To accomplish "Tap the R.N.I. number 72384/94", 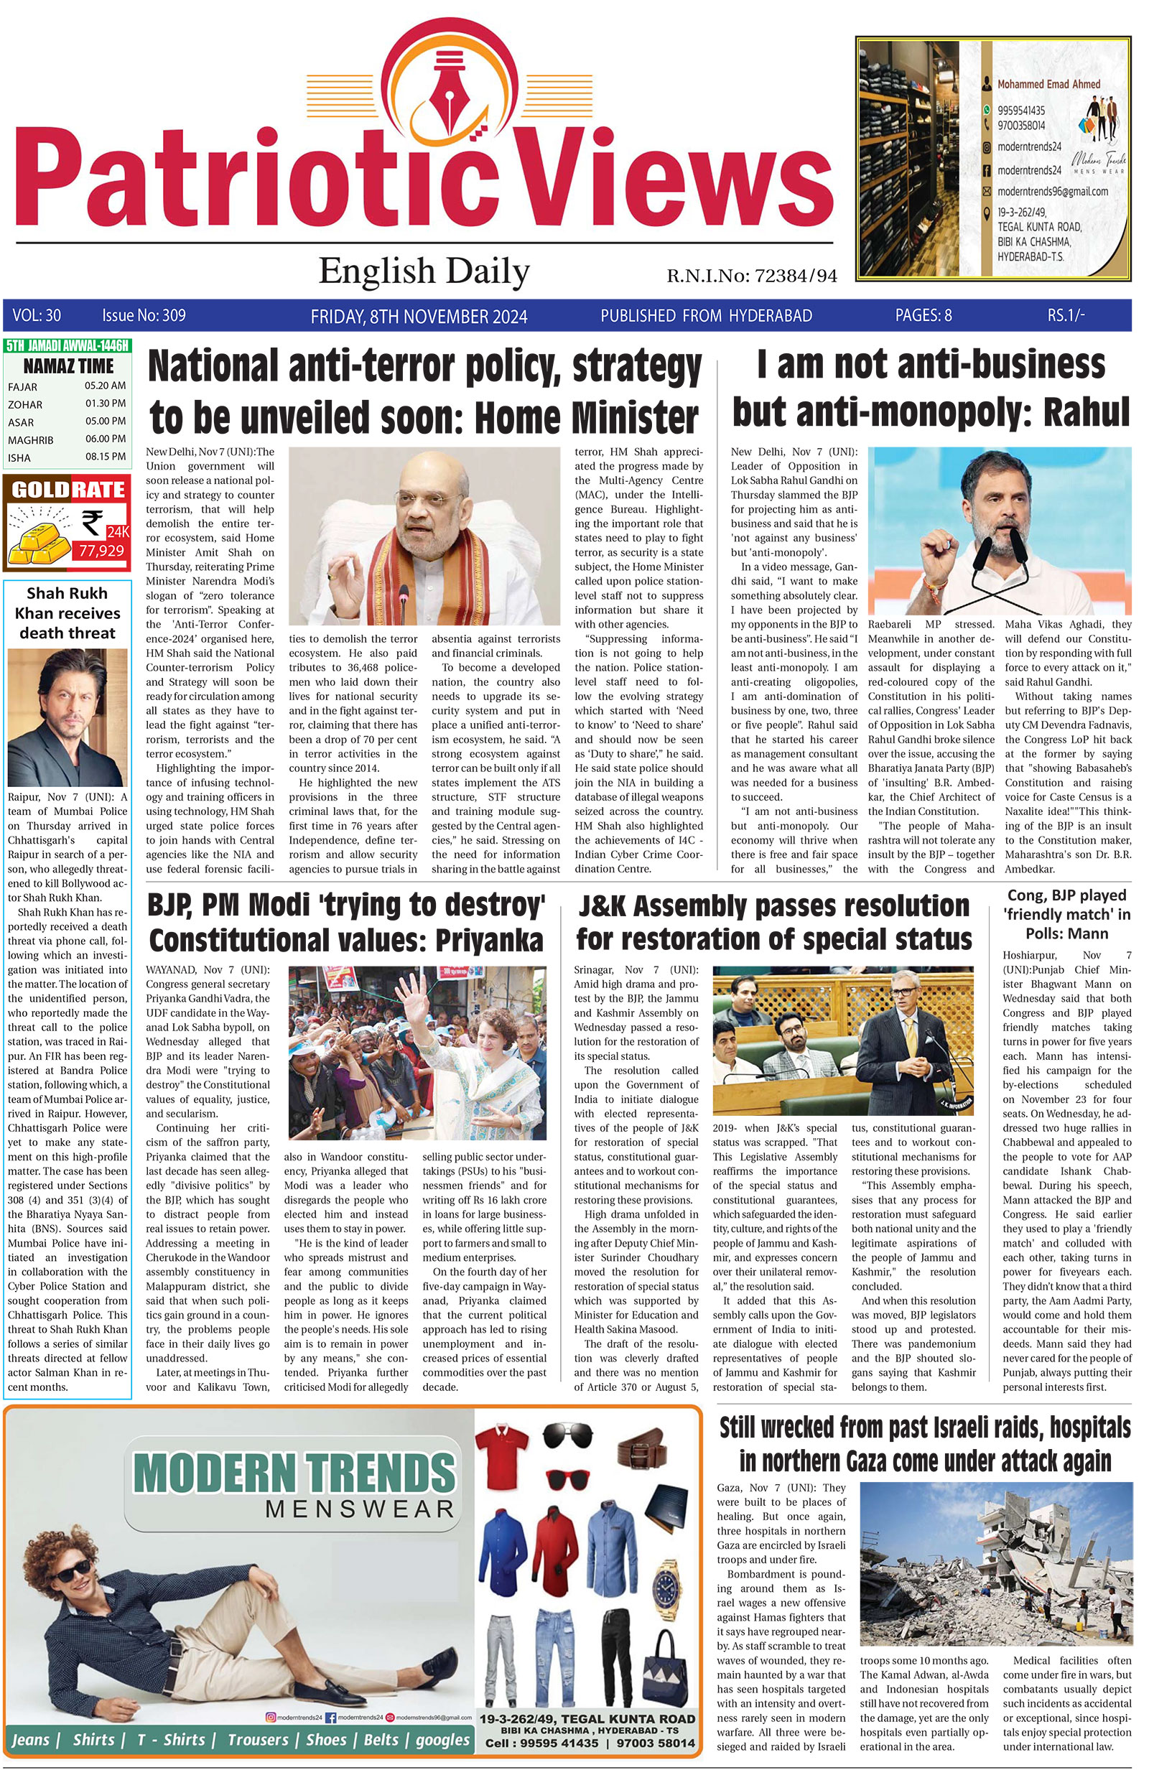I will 795,276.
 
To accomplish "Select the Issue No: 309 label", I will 144,315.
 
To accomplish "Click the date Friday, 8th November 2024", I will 419,316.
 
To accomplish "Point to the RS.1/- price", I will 1066,315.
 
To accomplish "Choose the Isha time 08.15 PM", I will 105,457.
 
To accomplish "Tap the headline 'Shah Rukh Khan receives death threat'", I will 67,612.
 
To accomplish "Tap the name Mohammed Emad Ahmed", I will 1048,84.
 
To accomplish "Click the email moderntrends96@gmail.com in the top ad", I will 1052,191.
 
